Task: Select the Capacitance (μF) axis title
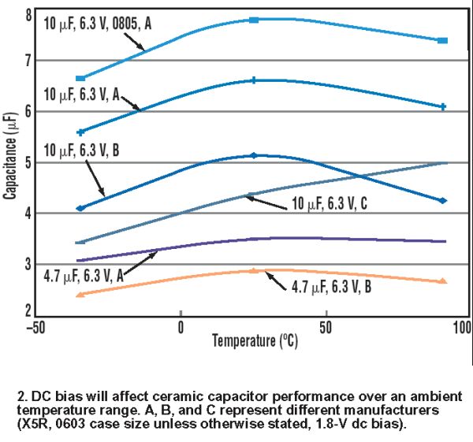(9, 154)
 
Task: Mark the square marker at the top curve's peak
(254, 19)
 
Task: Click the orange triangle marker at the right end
(443, 280)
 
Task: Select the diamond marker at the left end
(80, 209)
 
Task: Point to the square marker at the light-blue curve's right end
(443, 40)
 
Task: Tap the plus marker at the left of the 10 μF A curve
(80, 132)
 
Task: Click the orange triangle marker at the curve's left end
(80, 294)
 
